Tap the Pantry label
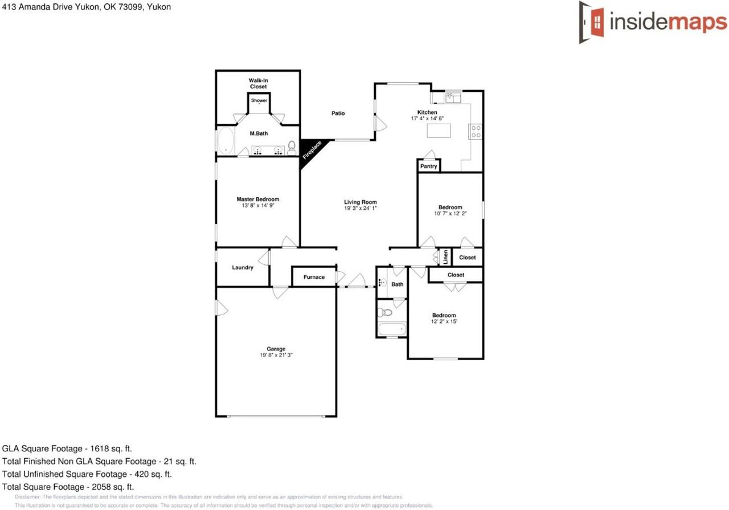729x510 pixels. point(428,166)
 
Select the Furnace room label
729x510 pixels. point(314,278)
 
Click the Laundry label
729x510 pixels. point(243,267)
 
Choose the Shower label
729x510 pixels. point(259,100)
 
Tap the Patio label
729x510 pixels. point(338,113)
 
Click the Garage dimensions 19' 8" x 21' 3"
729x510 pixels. point(276,355)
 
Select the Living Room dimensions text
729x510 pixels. point(361,209)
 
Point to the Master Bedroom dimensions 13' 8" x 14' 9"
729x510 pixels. point(258,206)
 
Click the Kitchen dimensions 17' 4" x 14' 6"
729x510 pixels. point(427,119)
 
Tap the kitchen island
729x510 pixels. point(439,130)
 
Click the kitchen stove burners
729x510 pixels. point(476,132)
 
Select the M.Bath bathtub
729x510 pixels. point(226,140)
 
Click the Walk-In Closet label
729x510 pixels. point(258,84)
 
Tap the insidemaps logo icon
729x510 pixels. point(592,22)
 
